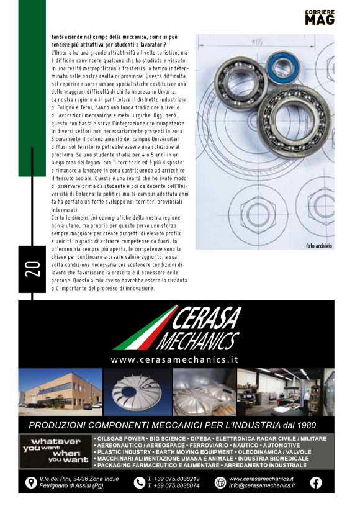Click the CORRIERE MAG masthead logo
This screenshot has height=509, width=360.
point(320,17)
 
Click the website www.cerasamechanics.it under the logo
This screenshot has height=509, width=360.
point(174,359)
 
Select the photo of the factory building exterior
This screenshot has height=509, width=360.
point(60,392)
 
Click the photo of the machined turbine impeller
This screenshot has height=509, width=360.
point(136,392)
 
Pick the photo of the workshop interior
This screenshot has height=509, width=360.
point(285,392)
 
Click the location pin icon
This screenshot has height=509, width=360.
point(30,482)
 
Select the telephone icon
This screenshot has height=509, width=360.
point(139,482)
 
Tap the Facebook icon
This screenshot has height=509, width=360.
point(316,482)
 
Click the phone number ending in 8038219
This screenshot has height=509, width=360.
point(173,479)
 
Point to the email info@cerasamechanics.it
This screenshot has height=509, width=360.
point(261,485)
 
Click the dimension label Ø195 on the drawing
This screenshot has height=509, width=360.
point(256,42)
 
